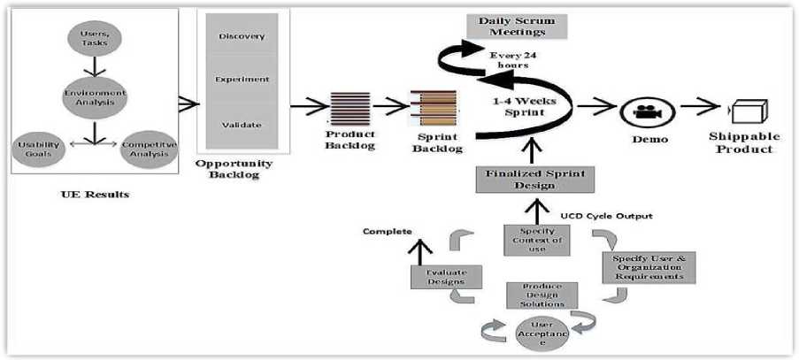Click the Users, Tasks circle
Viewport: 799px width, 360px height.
click(89, 40)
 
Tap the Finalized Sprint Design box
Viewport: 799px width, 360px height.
click(532, 180)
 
